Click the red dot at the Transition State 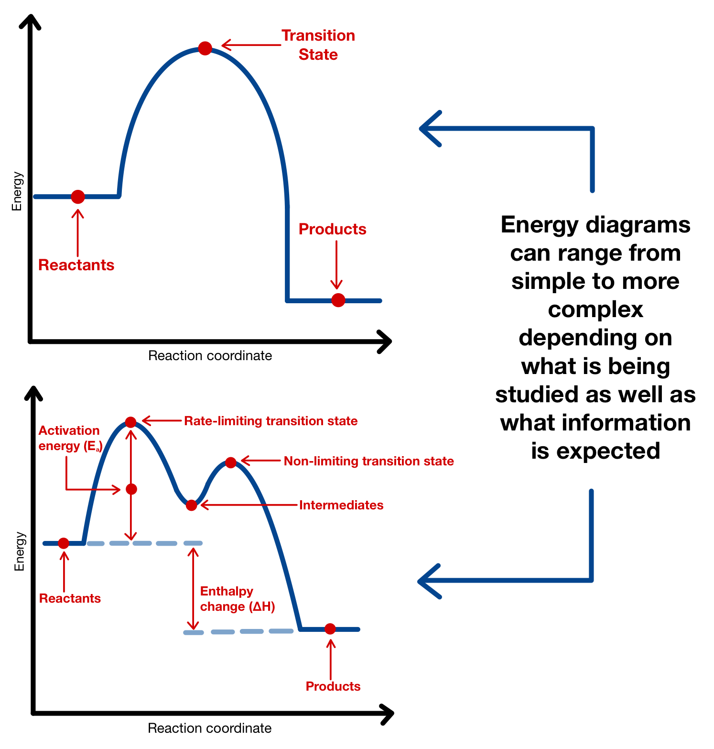(x=205, y=48)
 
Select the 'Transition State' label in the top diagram (x=318, y=45)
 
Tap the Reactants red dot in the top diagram (x=78, y=197)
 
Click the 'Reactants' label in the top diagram (x=76, y=265)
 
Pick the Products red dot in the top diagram (x=338, y=300)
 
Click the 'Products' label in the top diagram (x=332, y=229)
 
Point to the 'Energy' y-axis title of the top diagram (x=17, y=191)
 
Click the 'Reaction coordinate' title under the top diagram (x=210, y=356)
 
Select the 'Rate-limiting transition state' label (x=270, y=421)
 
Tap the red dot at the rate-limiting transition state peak (x=131, y=422)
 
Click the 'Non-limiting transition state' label (x=368, y=461)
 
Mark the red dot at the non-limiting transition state (x=231, y=463)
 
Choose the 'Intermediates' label (x=341, y=505)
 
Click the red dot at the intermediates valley (x=192, y=505)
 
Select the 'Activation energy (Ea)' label (x=70, y=438)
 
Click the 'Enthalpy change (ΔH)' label (x=237, y=599)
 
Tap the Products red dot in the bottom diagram (x=330, y=629)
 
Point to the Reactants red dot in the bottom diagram (x=64, y=543)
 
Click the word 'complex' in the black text (x=595, y=309)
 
